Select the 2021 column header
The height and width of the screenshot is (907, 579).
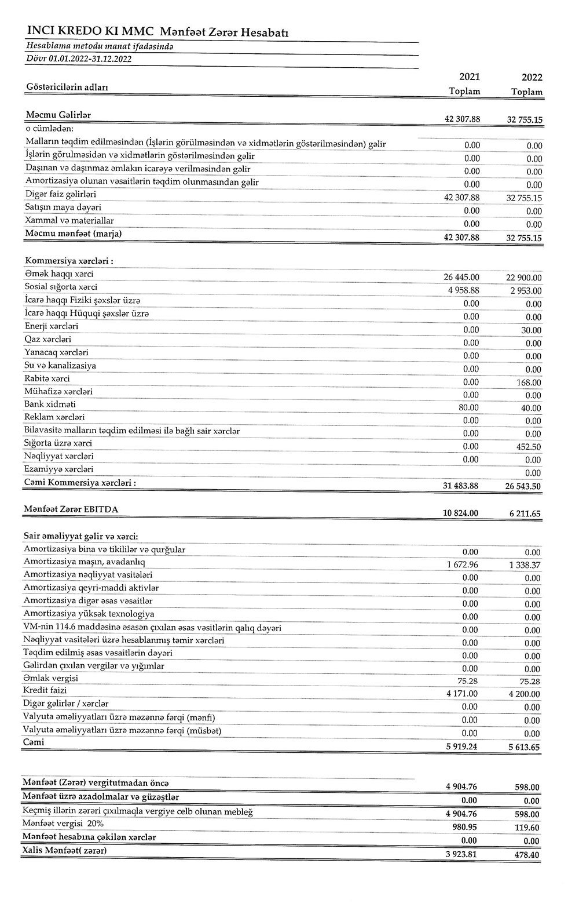(469, 77)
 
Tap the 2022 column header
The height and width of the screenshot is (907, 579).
(532, 78)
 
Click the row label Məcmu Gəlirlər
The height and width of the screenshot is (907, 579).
(58, 115)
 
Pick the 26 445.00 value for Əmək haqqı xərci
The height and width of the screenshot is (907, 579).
(461, 277)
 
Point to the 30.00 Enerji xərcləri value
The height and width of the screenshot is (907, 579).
(530, 330)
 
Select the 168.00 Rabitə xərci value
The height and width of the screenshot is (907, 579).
(528, 383)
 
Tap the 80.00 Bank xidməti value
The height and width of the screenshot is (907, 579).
(468, 407)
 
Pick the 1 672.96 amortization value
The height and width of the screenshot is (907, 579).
(462, 564)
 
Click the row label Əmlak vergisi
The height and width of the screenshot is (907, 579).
(51, 679)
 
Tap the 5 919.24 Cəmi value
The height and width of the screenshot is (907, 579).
(462, 746)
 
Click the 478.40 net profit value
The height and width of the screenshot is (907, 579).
(527, 855)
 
